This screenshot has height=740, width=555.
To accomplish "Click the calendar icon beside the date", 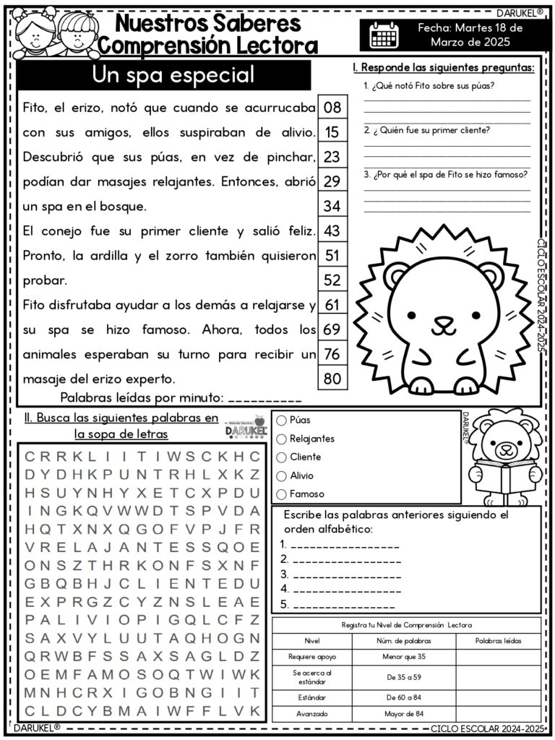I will [384, 35].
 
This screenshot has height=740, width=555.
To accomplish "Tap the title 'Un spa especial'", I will [173, 75].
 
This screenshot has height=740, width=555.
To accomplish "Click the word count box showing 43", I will [332, 231].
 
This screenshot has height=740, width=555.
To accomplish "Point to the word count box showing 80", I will [332, 378].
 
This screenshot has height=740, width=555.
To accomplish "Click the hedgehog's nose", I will [443, 321].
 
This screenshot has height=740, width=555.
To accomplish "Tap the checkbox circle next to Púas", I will [281, 420].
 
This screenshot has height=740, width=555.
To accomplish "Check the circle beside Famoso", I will [281, 494].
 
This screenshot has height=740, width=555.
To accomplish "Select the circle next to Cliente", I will [281, 457].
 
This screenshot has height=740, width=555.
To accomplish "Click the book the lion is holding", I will [503, 476].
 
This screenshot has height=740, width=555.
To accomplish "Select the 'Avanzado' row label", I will [311, 714].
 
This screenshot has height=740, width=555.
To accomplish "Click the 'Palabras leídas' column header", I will [498, 640].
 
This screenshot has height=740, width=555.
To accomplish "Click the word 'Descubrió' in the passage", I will [51, 157].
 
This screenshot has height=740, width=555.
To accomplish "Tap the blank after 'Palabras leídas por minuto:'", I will [264, 397].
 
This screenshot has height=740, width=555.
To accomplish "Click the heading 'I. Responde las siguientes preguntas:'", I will [443, 68].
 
